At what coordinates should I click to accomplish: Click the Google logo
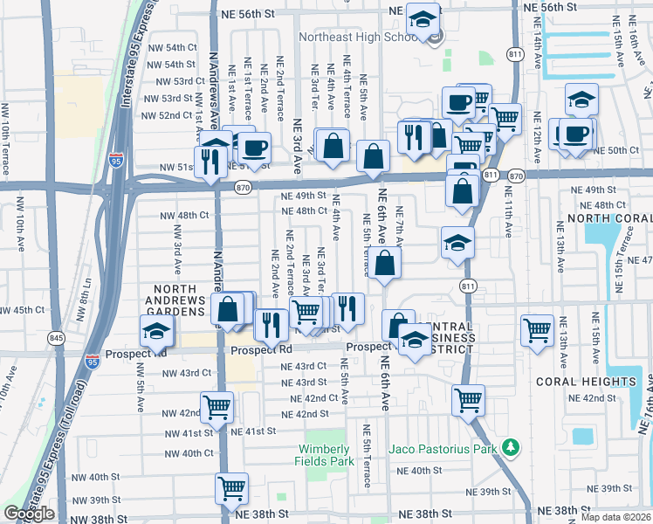[29, 513]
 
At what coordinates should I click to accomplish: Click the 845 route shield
[57, 337]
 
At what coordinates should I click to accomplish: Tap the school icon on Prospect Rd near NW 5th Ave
[157, 331]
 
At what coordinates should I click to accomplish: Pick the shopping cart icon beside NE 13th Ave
[537, 330]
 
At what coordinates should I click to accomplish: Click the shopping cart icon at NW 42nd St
[217, 406]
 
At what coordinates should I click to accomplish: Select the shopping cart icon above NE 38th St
[231, 488]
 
